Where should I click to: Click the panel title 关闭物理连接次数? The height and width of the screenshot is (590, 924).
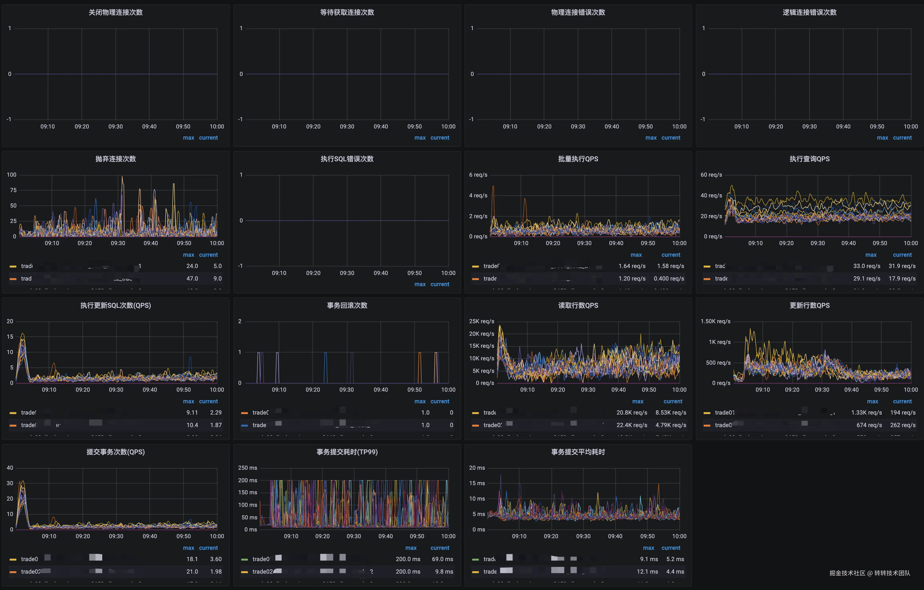(115, 12)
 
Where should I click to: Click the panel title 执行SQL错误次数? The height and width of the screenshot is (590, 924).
(347, 159)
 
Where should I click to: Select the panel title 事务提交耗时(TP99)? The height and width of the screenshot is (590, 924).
(347, 452)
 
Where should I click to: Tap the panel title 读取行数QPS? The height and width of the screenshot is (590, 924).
(578, 305)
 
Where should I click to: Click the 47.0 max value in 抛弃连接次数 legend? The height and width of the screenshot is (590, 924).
(192, 279)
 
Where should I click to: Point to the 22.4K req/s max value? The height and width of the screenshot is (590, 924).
(632, 425)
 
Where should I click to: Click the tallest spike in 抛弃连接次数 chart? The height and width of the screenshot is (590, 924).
(122, 177)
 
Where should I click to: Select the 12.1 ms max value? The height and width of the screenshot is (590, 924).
(647, 572)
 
